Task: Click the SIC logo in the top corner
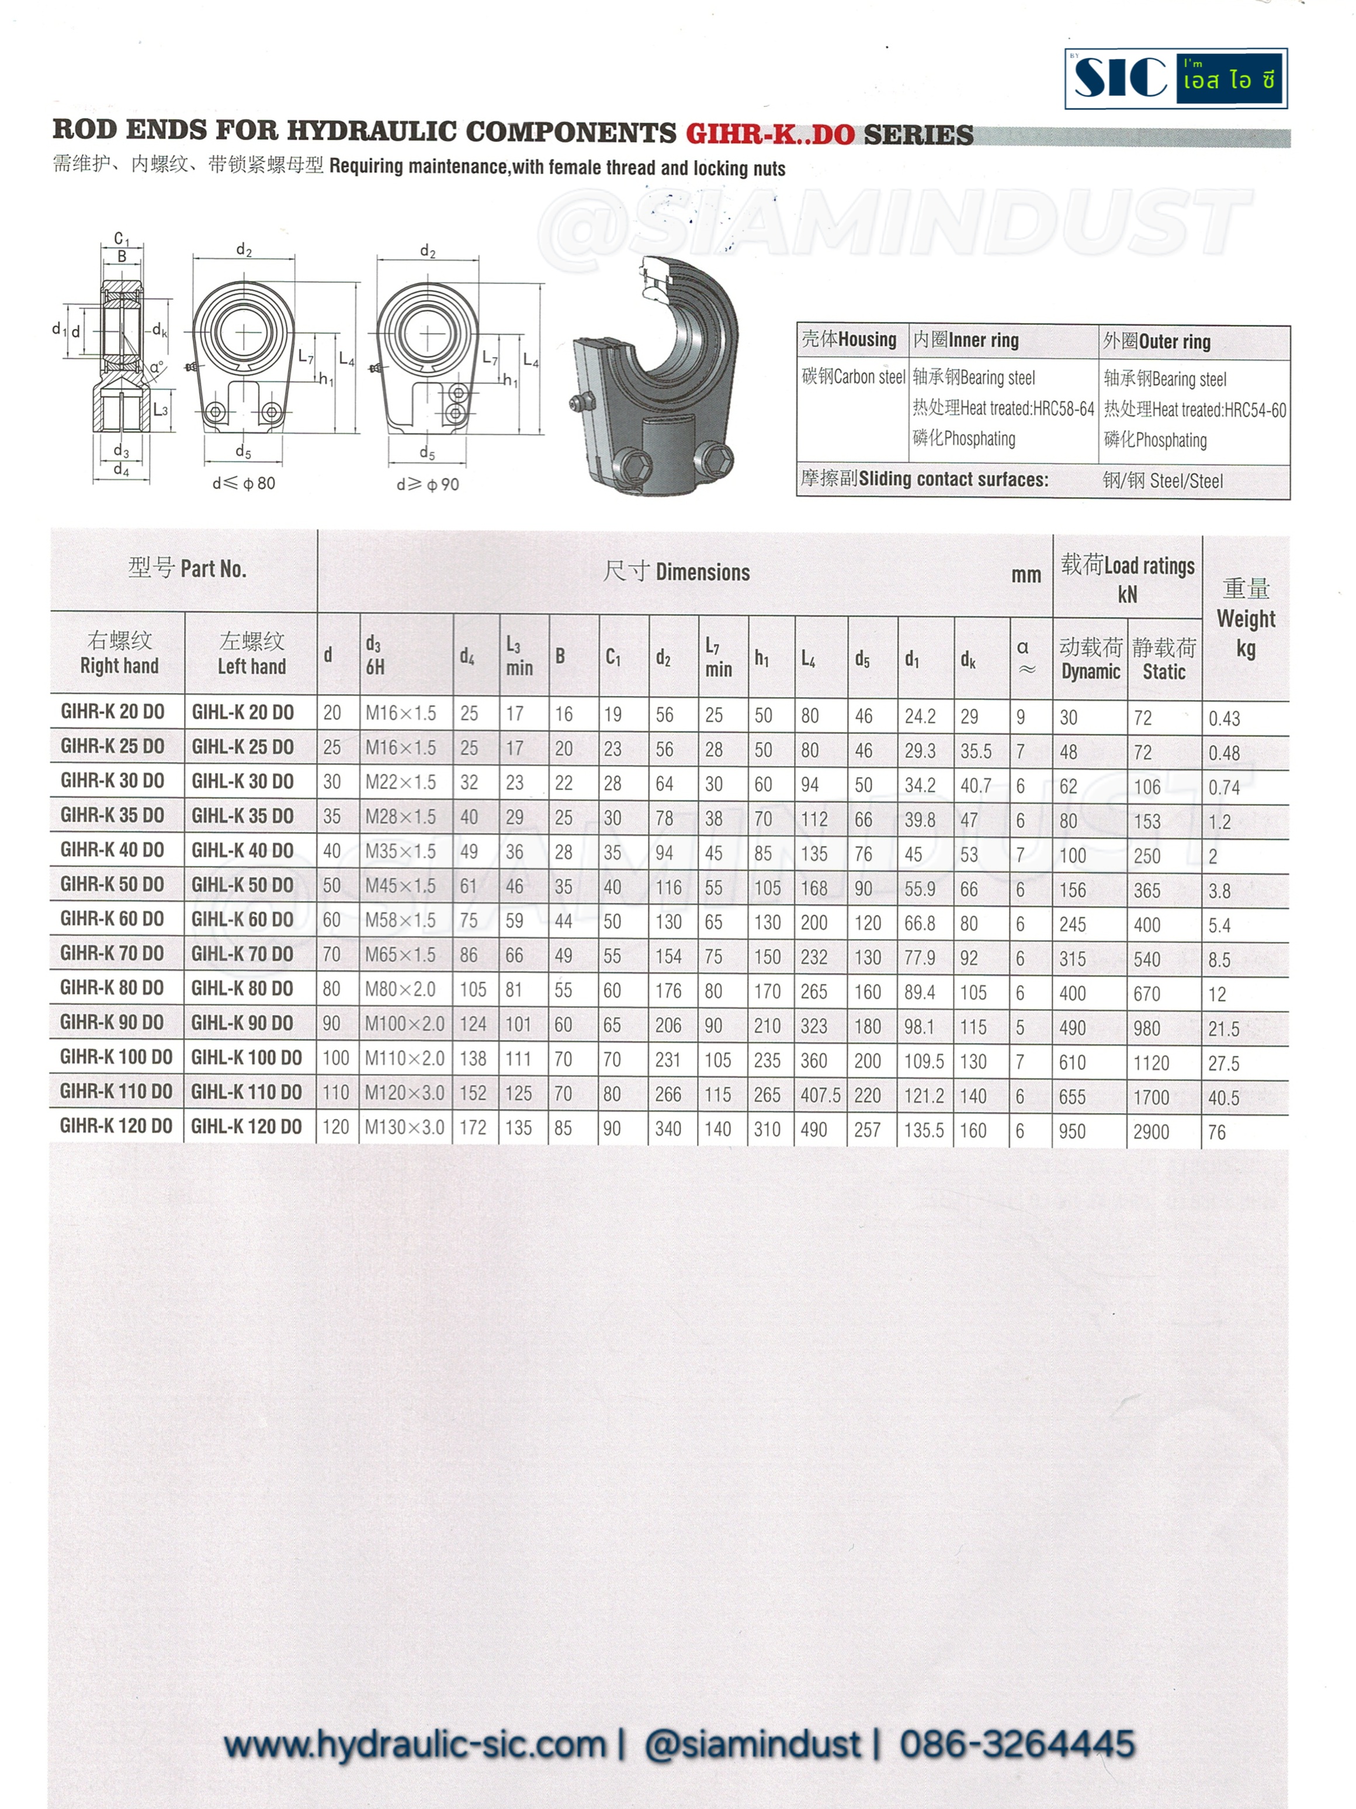point(1175,78)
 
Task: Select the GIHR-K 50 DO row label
point(112,884)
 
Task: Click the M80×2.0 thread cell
point(400,990)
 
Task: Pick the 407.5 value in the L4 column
point(820,1095)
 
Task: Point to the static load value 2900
point(1151,1132)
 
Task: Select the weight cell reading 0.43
point(1225,719)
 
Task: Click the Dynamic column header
point(1090,671)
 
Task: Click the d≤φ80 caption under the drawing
point(244,483)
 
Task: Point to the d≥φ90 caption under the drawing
point(427,484)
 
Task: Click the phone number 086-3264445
point(1017,1744)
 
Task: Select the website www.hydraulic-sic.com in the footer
point(415,1744)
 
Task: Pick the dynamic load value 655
point(1071,1097)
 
